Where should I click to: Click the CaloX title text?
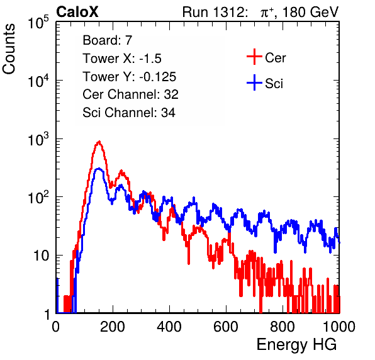tap(77, 12)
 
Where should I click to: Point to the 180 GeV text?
tap(310, 12)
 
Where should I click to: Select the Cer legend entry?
tap(266, 57)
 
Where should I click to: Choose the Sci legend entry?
tap(265, 83)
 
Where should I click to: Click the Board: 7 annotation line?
tap(107, 40)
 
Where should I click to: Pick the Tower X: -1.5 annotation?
tap(122, 59)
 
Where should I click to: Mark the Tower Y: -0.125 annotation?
tap(130, 77)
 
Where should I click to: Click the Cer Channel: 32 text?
tap(131, 94)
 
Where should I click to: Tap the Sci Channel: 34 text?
tap(129, 113)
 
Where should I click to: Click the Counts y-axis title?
tap(9, 49)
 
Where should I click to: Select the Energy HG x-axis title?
tap(296, 345)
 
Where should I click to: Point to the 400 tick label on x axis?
tap(169, 327)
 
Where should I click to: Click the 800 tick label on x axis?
tap(283, 327)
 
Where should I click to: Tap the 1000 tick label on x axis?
tap(339, 327)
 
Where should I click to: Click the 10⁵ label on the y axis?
tap(38, 23)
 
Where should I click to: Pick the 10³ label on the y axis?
tap(38, 139)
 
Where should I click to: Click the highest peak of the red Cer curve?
tap(99, 142)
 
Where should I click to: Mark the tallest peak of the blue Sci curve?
tap(99, 169)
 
